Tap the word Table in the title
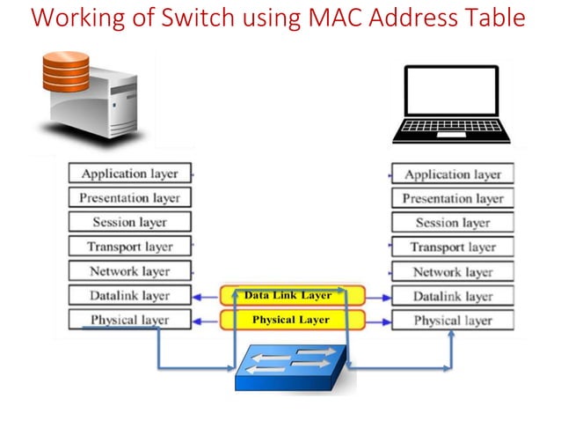[494, 18]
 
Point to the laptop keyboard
[451, 130]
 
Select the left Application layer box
[129, 174]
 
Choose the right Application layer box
[452, 174]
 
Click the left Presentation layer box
[129, 198]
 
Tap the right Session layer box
[452, 223]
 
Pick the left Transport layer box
[129, 247]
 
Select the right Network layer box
[452, 272]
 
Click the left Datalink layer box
[129, 296]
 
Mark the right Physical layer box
[452, 321]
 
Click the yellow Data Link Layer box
[288, 296]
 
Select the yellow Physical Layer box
[288, 320]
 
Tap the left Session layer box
[129, 222]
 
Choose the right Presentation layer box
[452, 198]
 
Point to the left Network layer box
[129, 271]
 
